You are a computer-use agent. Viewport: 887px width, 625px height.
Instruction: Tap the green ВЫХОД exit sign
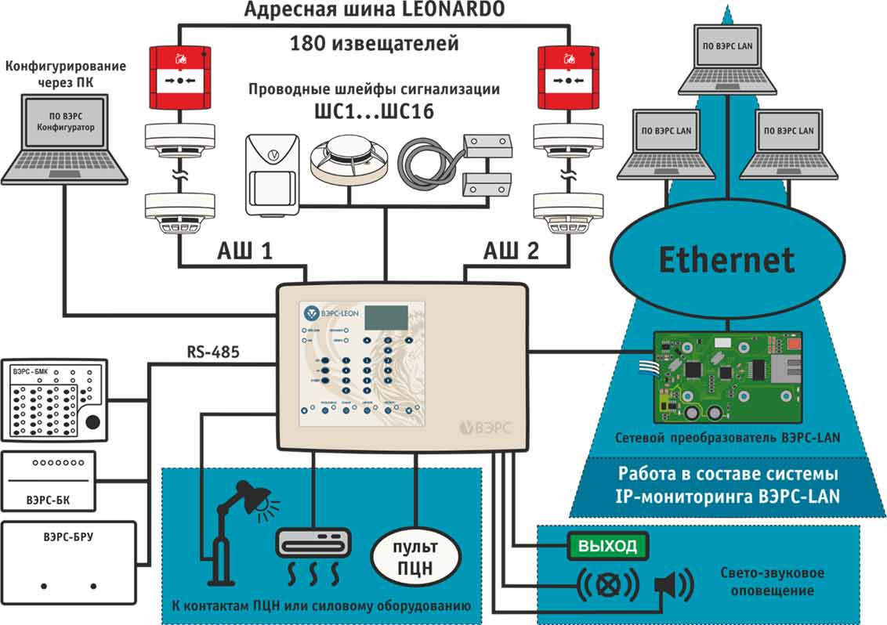coord(607,546)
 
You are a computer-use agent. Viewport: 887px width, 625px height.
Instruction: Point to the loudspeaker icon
coord(675,583)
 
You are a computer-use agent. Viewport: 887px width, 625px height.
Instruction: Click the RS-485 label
coord(213,352)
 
